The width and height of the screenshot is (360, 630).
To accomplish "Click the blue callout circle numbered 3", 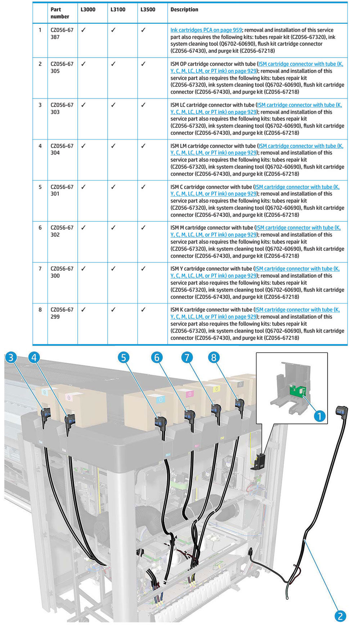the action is pos(11,357).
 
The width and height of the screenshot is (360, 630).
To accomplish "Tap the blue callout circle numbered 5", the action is pos(123,357).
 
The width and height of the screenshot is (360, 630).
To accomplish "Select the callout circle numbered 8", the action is pos(214,357).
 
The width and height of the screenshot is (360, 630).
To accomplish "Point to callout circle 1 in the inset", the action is pos(319,416).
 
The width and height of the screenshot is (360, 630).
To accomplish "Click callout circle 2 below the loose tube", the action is pos(340,616).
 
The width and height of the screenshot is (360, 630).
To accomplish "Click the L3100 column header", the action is pos(118,10).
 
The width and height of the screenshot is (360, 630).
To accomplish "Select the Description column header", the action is pos(184,10).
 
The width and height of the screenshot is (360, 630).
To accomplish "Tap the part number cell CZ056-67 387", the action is pos(62,33).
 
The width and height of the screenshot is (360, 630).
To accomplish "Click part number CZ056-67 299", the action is pos(62,313).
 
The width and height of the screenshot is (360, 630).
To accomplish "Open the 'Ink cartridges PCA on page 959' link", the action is pos(206,30).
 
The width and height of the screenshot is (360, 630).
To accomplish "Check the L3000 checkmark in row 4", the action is pos(84,146).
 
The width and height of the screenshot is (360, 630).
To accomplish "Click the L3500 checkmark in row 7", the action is pos(143,269).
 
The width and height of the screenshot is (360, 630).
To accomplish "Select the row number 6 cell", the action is pos(40,228).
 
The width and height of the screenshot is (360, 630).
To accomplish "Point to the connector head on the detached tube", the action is pos(342,411).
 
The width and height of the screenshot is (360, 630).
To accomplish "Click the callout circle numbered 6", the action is pos(157,357).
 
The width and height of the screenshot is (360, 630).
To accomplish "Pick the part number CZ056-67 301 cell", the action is pos(62,190).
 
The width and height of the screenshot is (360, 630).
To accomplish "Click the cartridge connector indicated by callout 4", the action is pos(69,420).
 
